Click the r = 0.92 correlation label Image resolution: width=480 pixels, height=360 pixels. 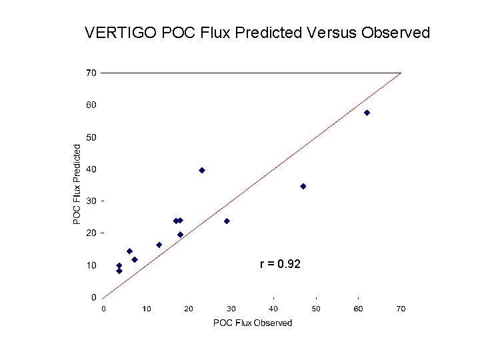point(280,265)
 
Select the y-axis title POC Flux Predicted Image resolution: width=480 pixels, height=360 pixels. point(77,184)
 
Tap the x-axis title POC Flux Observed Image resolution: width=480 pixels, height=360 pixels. point(252,323)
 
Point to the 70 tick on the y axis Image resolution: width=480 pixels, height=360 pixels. point(90,72)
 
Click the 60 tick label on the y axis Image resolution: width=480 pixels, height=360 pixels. point(90,105)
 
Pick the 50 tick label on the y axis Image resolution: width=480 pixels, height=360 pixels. point(90,137)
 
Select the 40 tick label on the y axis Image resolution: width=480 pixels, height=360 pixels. point(90,169)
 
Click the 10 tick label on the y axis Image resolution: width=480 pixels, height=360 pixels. point(90,265)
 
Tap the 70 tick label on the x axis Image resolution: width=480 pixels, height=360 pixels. point(401,309)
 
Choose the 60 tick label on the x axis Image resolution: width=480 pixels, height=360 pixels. point(358,309)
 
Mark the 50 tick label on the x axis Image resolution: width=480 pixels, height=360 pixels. point(316,309)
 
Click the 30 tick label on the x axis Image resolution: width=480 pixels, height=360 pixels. point(231,309)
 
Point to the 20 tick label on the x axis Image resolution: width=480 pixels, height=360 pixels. point(189,309)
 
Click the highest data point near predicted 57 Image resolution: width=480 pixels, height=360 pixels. point(367,113)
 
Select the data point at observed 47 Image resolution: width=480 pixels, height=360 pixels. point(303,186)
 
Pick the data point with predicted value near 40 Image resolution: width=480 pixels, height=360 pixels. point(202,170)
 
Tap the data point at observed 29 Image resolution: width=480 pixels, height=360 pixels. point(227,221)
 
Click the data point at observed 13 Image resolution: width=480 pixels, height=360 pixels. point(159,245)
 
